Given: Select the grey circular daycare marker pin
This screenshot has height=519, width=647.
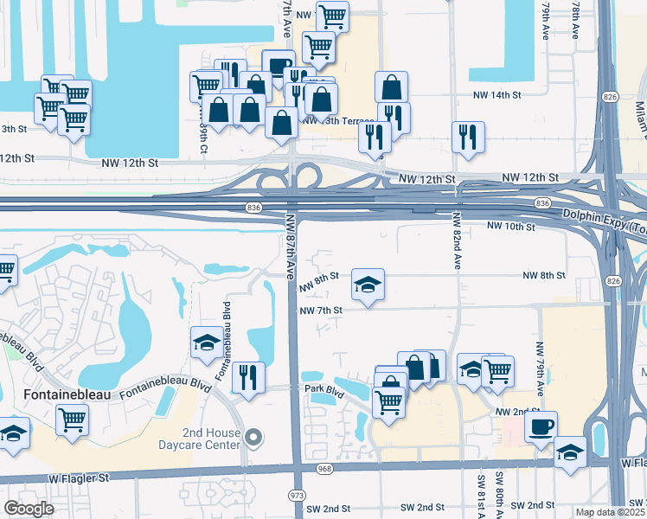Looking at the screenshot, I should (x=253, y=438).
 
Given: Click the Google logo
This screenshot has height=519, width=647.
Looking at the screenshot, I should (x=29, y=509).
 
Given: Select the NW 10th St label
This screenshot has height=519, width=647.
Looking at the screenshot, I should (x=512, y=226).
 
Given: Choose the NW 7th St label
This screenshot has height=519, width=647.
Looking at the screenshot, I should (x=321, y=310).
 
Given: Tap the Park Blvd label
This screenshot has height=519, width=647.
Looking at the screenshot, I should (x=323, y=389).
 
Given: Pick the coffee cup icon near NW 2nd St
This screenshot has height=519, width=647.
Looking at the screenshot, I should (x=541, y=426).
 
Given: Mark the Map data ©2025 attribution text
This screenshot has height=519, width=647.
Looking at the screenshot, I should (x=610, y=512).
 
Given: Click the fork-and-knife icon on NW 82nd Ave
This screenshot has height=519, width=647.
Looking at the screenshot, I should (x=468, y=136).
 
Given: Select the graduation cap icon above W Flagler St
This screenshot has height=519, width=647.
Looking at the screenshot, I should (x=570, y=452).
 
